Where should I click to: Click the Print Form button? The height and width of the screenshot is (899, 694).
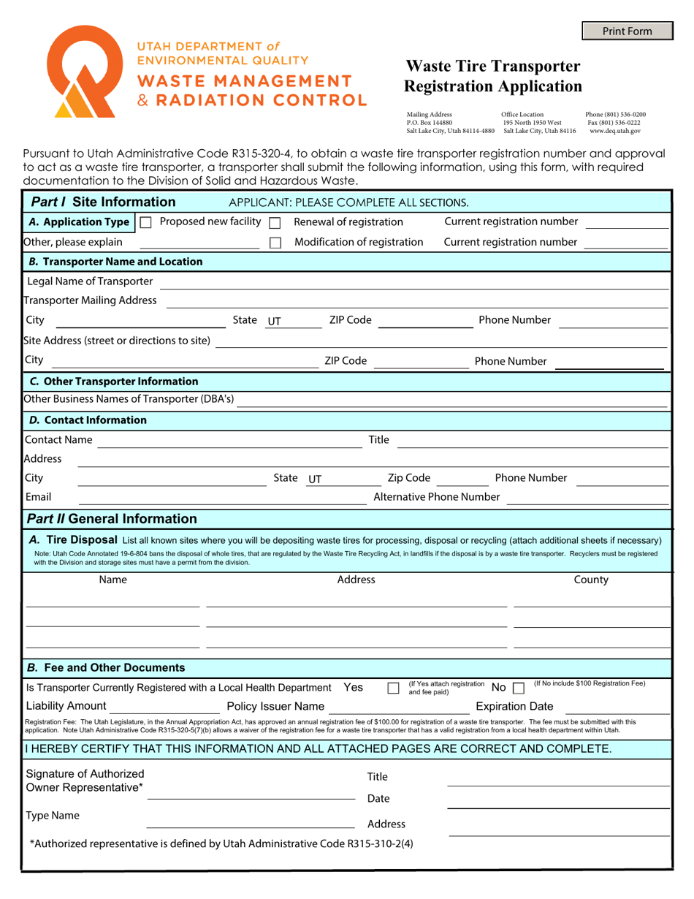click(627, 31)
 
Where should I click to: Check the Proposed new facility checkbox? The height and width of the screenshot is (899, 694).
click(145, 222)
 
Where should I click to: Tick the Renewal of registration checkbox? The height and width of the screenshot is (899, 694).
click(275, 222)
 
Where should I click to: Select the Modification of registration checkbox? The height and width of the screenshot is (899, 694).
click(275, 243)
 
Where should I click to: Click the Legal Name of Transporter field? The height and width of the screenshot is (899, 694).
click(413, 282)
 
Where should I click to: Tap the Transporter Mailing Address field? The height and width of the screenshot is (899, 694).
click(417, 300)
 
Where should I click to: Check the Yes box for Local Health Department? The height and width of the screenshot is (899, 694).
click(393, 688)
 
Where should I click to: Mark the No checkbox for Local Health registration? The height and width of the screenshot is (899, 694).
click(519, 688)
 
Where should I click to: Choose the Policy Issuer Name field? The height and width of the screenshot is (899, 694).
click(399, 707)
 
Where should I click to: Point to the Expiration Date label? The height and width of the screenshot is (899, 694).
click(514, 707)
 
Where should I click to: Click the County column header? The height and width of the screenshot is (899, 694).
click(591, 580)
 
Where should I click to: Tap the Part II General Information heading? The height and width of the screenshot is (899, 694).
click(112, 519)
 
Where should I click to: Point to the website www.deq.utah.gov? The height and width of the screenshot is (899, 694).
click(615, 131)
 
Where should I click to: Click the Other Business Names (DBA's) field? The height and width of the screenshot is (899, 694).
click(452, 400)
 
